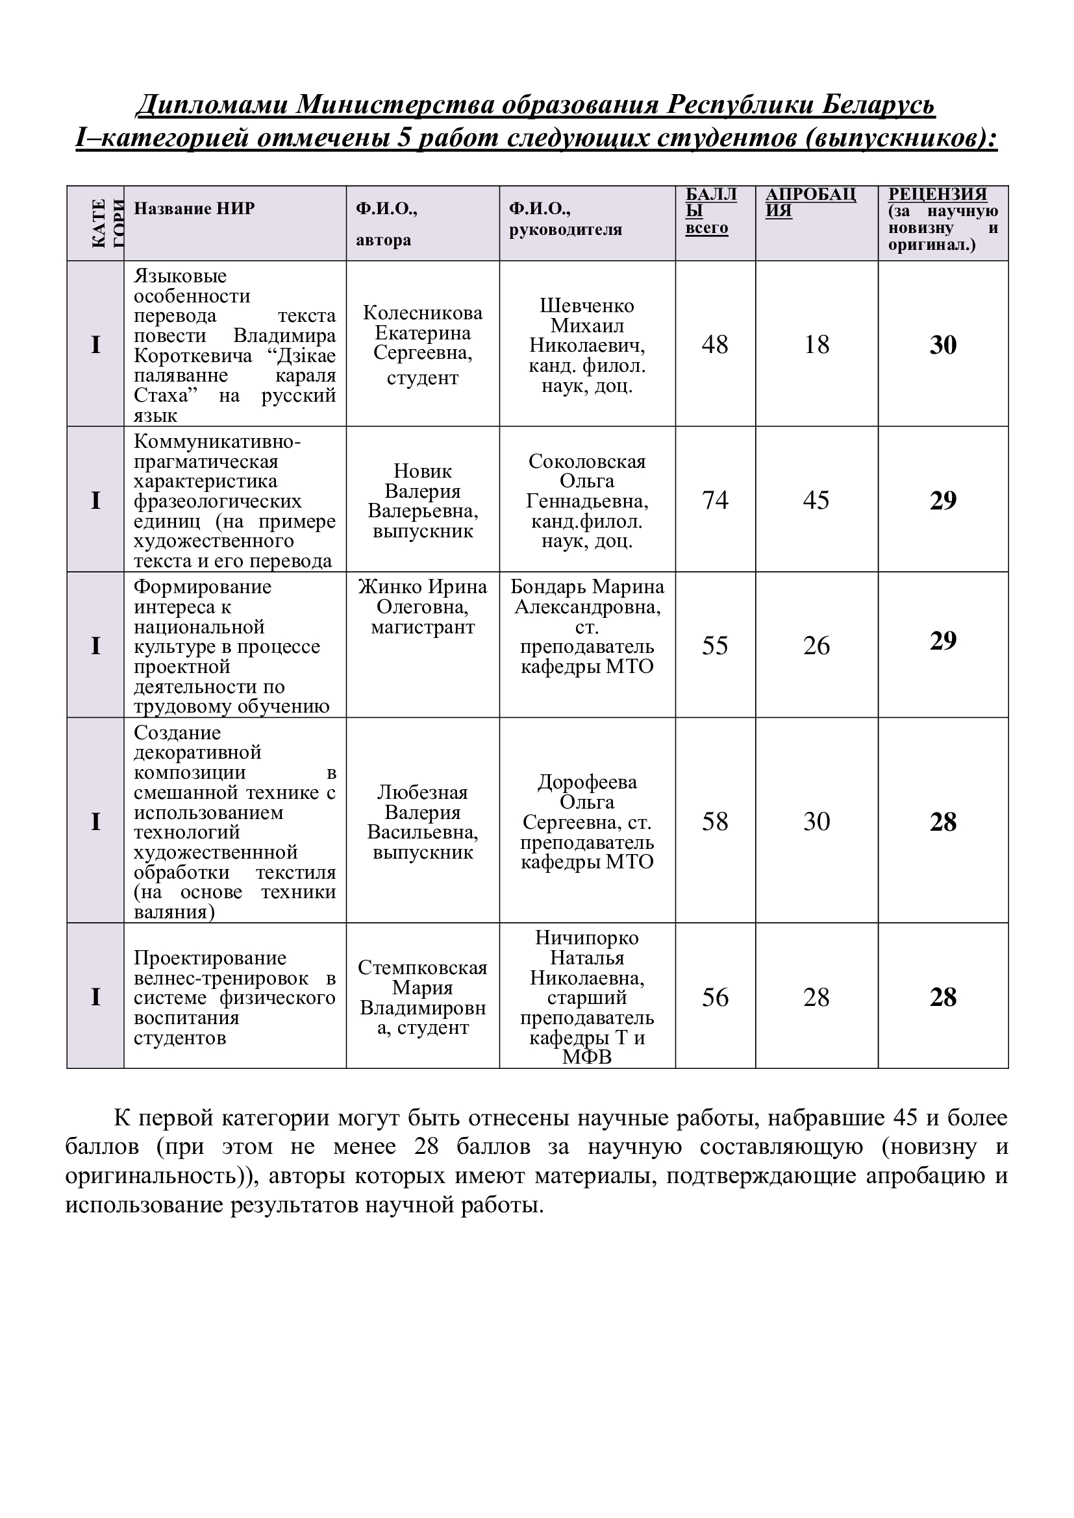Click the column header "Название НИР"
pos(194,208)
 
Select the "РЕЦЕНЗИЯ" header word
pos(937,195)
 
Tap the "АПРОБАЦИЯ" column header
pos(810,202)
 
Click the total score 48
pos(714,345)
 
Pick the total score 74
pos(714,500)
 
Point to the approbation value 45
pos(816,500)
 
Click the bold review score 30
pos(942,345)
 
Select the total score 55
pos(714,645)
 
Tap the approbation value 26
pos(816,645)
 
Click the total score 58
pos(714,821)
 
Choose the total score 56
pos(714,997)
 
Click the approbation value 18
pos(816,345)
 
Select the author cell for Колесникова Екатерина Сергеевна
pos(423,345)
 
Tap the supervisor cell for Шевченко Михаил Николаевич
pos(586,345)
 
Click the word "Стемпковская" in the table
pos(423,967)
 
